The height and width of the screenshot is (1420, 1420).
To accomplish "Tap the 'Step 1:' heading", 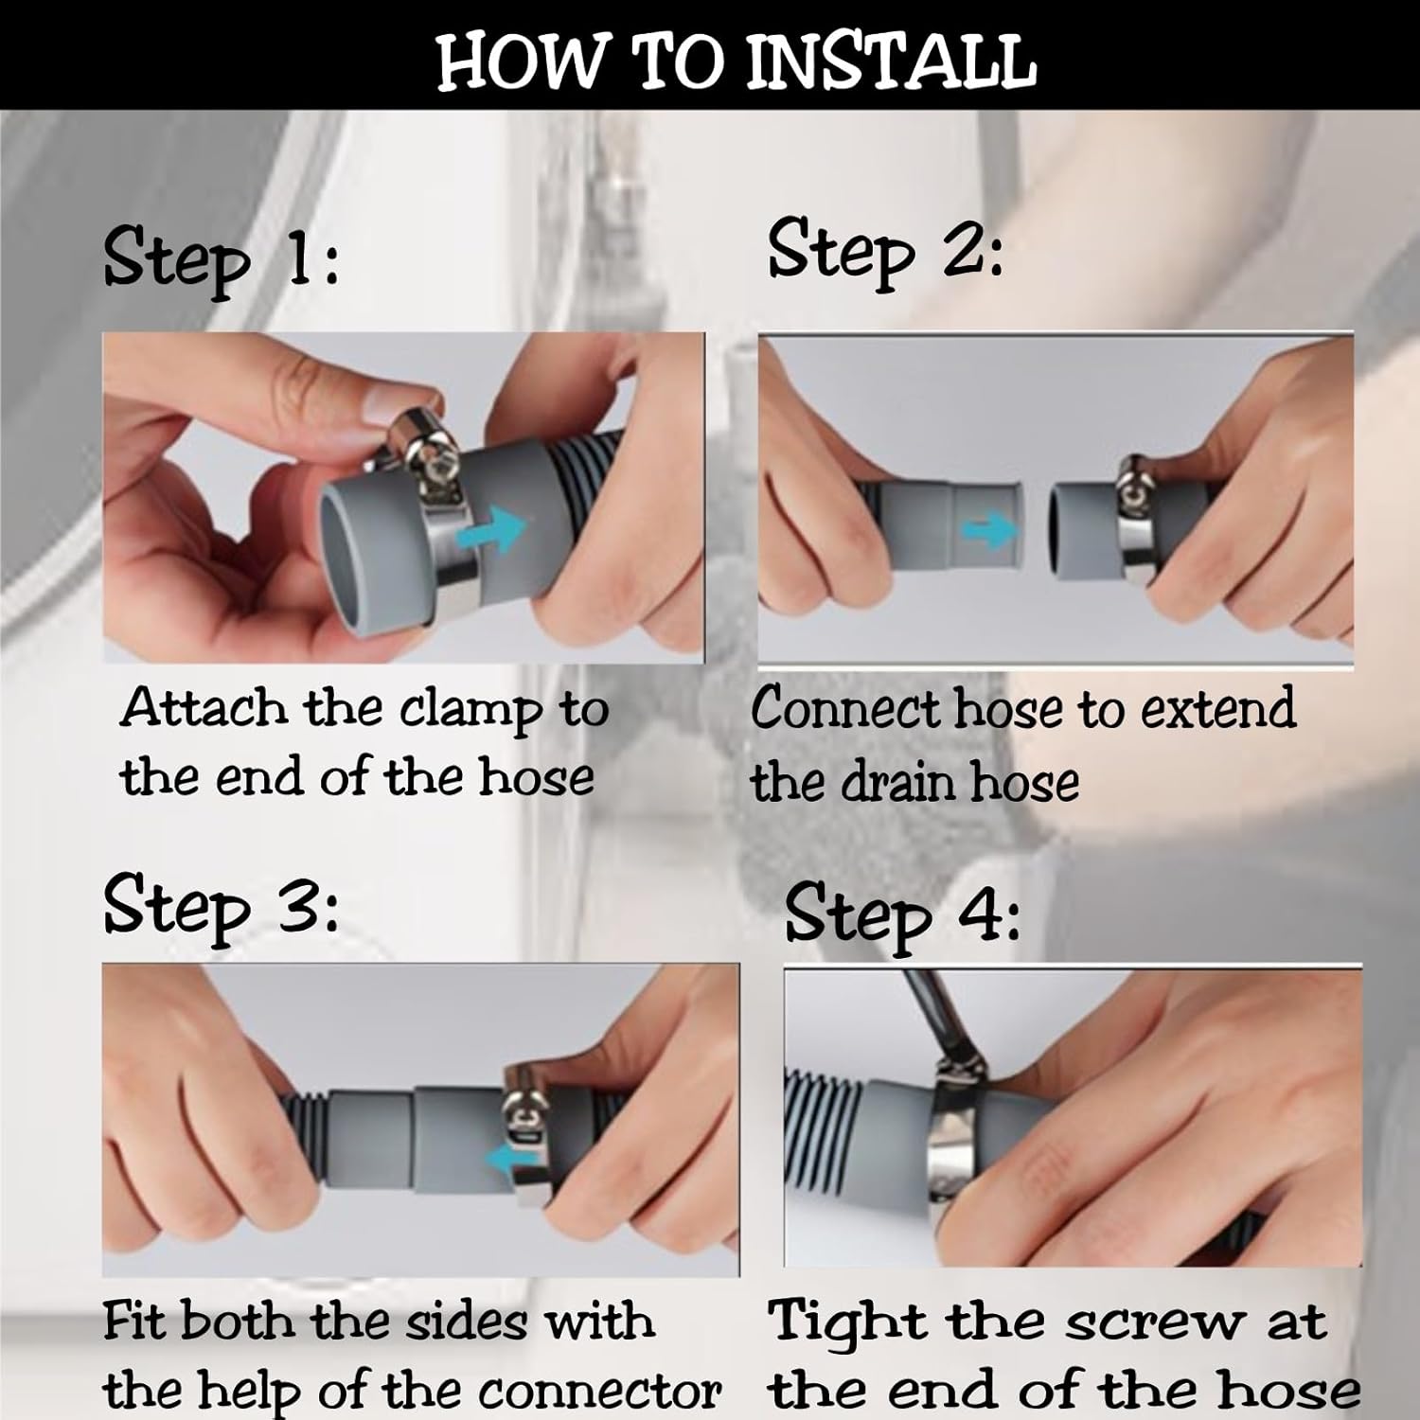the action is click(x=221, y=261).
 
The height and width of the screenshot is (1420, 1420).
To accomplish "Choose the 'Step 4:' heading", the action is click(x=902, y=914).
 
